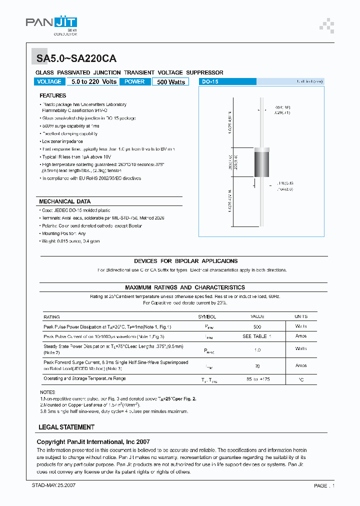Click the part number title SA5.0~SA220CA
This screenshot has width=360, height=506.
pyautogui.click(x=76, y=58)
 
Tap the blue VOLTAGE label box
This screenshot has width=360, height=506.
pyautogui.click(x=49, y=81)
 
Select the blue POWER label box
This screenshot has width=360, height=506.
pyautogui.click(x=134, y=81)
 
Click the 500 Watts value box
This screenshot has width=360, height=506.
pyautogui.click(x=170, y=82)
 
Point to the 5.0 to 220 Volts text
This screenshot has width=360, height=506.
pyautogui.click(x=93, y=81)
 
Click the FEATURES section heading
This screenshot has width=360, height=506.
pyautogui.click(x=52, y=95)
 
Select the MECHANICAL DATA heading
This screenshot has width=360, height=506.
pyautogui.click(x=65, y=201)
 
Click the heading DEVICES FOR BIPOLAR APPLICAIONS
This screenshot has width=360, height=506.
pyautogui.click(x=185, y=261)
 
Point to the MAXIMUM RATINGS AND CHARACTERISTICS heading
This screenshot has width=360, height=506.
pyautogui.click(x=185, y=287)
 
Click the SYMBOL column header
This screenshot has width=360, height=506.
pyautogui.click(x=207, y=316)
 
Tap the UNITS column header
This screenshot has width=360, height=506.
pyautogui.click(x=301, y=316)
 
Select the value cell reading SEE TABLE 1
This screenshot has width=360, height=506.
pyautogui.click(x=257, y=336)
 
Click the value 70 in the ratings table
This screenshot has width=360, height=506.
pyautogui.click(x=257, y=365)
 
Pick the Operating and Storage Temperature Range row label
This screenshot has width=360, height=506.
pyautogui.click(x=84, y=379)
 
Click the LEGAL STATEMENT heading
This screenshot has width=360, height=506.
pyautogui.click(x=66, y=427)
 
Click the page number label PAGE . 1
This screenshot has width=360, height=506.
pyautogui.click(x=324, y=485)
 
